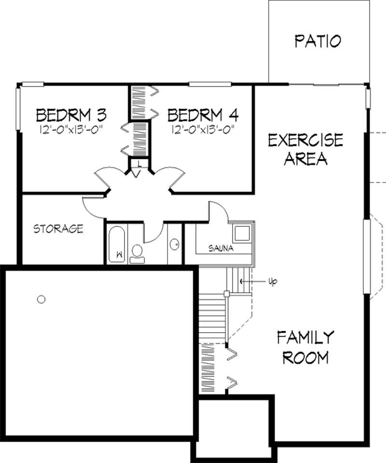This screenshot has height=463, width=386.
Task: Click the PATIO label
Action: point(318,41)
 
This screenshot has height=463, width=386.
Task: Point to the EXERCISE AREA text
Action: point(305,149)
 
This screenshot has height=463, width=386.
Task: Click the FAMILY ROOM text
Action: point(305,347)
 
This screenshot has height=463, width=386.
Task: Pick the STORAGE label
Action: point(58,229)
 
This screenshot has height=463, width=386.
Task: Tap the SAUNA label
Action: point(221,249)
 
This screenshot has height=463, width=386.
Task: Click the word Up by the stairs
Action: point(273,281)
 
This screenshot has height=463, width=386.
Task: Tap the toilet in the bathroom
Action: point(137,253)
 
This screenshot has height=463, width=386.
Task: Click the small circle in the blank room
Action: point(41,299)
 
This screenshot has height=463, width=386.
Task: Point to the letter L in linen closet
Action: point(138,163)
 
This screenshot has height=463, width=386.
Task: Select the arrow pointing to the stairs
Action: point(251,281)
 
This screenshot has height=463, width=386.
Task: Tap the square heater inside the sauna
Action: point(241,234)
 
